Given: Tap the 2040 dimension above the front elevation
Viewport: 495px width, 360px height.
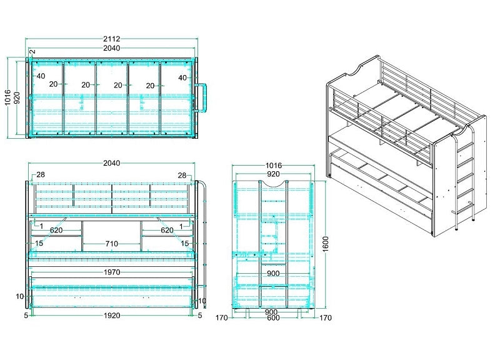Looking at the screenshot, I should point(112,163).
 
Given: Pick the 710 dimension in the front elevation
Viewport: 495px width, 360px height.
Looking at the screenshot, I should point(111,242).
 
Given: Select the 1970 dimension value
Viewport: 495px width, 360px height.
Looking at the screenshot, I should point(112,272).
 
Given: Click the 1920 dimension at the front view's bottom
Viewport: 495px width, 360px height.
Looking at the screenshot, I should point(112,316).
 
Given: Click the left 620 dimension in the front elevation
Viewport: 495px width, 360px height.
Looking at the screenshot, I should point(57,230).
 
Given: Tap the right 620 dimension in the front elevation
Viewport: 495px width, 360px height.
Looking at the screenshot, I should point(167,230).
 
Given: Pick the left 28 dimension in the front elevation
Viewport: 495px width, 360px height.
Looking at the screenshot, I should point(41,175).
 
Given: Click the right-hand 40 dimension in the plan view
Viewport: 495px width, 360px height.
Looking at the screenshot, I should point(182,77).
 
